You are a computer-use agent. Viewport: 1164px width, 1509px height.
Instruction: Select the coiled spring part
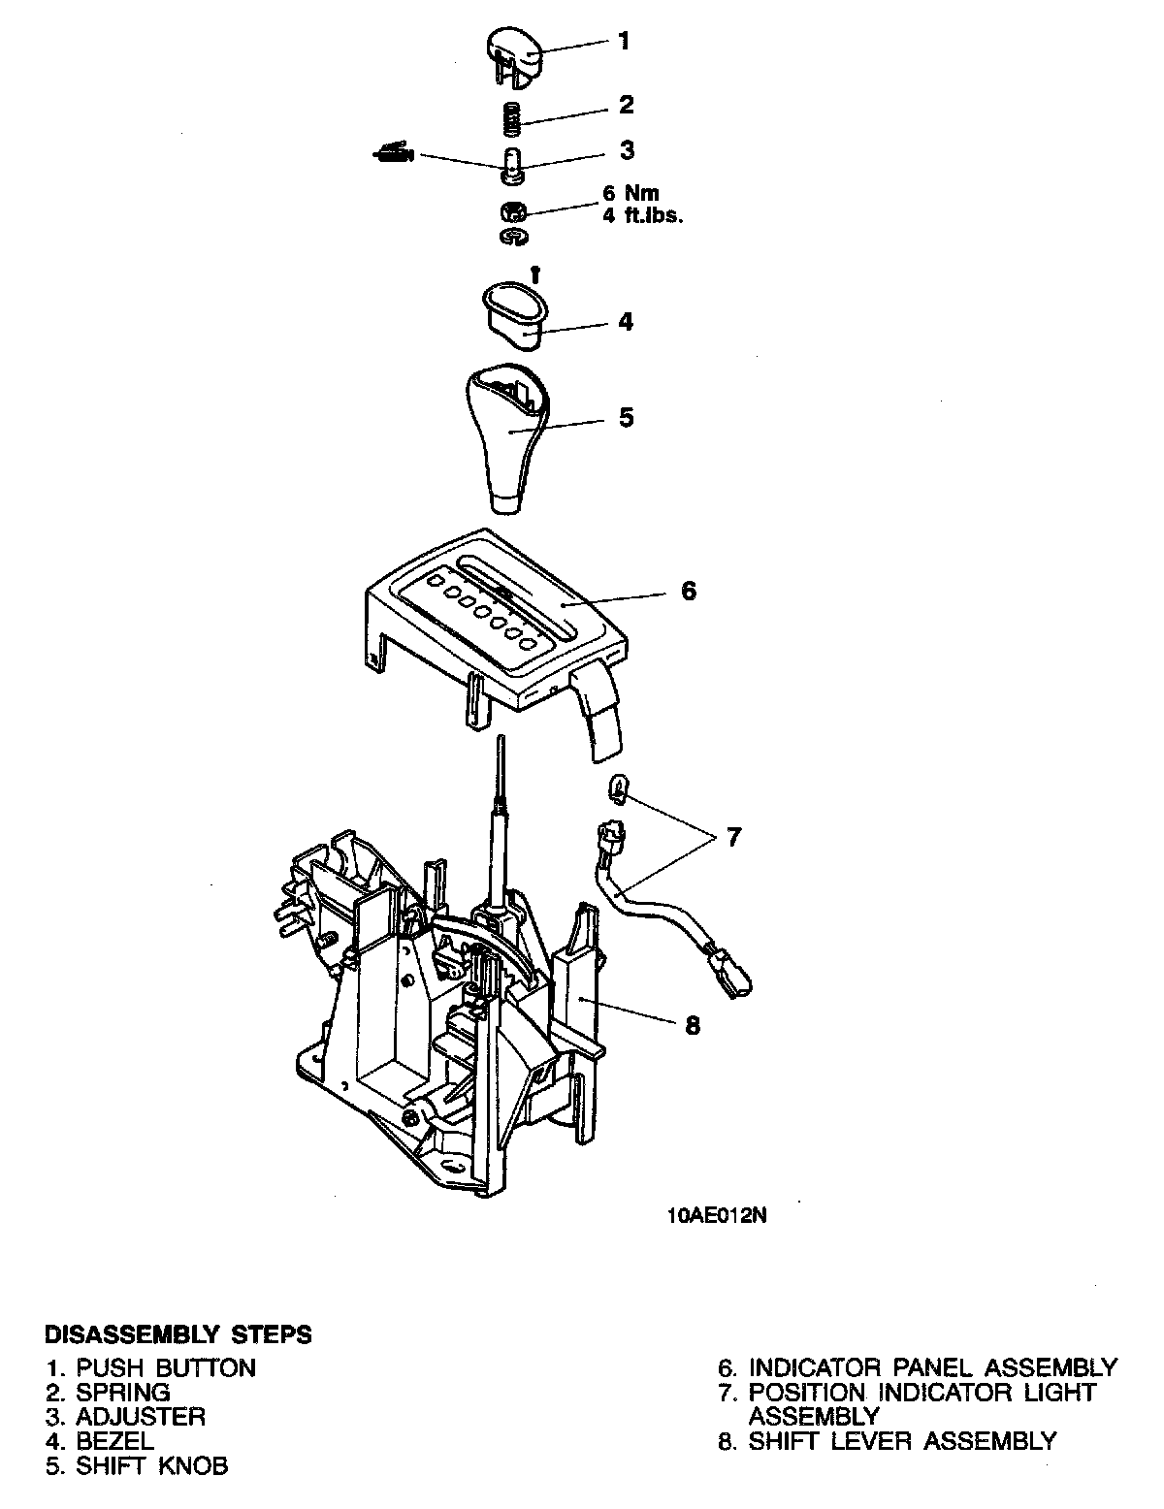(514, 119)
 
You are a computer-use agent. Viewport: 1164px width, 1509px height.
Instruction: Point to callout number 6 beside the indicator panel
(688, 591)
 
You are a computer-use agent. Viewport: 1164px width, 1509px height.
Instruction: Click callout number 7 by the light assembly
(733, 836)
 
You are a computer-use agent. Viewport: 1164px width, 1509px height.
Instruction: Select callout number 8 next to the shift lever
(693, 1025)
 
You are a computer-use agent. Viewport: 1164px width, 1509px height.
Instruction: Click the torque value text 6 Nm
(630, 193)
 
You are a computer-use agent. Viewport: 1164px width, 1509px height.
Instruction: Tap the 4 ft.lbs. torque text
(643, 216)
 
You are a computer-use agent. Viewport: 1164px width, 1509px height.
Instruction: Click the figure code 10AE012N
(717, 1216)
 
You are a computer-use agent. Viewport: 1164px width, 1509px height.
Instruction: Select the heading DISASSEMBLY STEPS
(179, 1334)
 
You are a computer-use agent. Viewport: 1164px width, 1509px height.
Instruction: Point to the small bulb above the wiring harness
(616, 787)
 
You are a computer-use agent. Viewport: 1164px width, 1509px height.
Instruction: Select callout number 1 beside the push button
(624, 41)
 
